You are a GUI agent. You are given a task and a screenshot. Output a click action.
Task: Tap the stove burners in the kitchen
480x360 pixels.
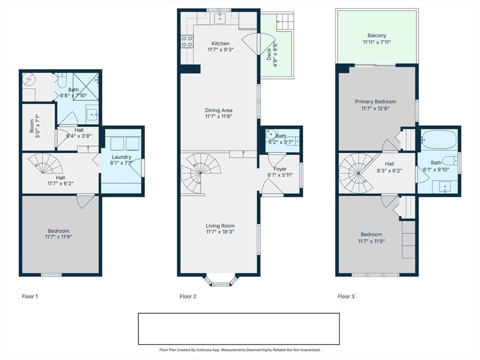pyautogui.click(x=187, y=41)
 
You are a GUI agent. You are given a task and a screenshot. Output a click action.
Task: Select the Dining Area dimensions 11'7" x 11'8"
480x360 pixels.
pyautogui.click(x=218, y=116)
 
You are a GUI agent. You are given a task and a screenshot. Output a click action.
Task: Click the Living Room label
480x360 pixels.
pyautogui.click(x=220, y=226)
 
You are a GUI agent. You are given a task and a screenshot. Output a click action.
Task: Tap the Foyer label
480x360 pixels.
pyautogui.click(x=280, y=169)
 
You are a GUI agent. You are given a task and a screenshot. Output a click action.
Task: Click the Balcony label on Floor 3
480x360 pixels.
pyautogui.click(x=377, y=36)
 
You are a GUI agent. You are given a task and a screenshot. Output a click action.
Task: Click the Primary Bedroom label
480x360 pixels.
pyautogui.click(x=375, y=102)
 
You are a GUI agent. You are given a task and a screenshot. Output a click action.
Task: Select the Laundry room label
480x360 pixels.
pyautogui.click(x=121, y=157)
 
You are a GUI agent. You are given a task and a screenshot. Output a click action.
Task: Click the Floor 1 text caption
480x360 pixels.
pyautogui.click(x=30, y=296)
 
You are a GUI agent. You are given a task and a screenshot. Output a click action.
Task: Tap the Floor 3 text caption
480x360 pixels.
pyautogui.click(x=346, y=296)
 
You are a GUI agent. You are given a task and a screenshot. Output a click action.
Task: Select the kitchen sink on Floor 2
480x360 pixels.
pyautogui.click(x=219, y=18)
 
